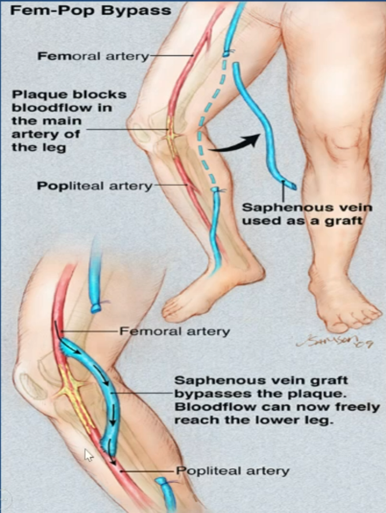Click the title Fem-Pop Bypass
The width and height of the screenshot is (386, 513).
91,11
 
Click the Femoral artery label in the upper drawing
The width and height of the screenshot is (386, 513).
93,56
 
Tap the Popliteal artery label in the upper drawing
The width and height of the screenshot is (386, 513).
95,186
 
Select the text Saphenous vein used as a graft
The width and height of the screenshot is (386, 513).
307,214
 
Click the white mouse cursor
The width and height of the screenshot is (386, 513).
88,455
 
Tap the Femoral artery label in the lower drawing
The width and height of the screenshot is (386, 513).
174,331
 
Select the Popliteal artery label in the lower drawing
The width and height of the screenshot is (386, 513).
233,471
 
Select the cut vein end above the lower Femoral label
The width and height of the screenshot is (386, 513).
96,307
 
